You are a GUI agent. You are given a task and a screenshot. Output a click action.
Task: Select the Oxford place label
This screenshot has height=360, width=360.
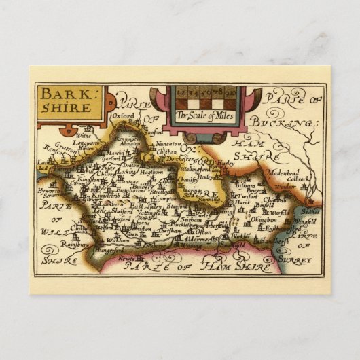[x=123, y=116]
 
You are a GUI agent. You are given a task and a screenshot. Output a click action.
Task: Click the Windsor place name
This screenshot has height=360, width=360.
[x=287, y=185]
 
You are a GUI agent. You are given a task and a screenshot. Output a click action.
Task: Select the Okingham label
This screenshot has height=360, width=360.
[x=263, y=219]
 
